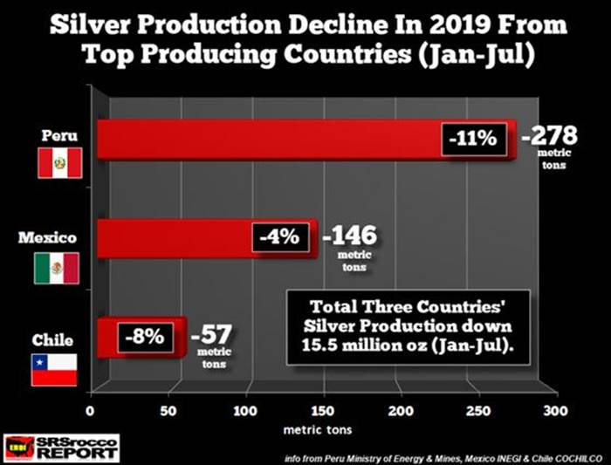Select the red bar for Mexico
[x=175, y=237]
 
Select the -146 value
[x=352, y=236]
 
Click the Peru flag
[x=58, y=163]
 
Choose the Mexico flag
[x=57, y=268]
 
